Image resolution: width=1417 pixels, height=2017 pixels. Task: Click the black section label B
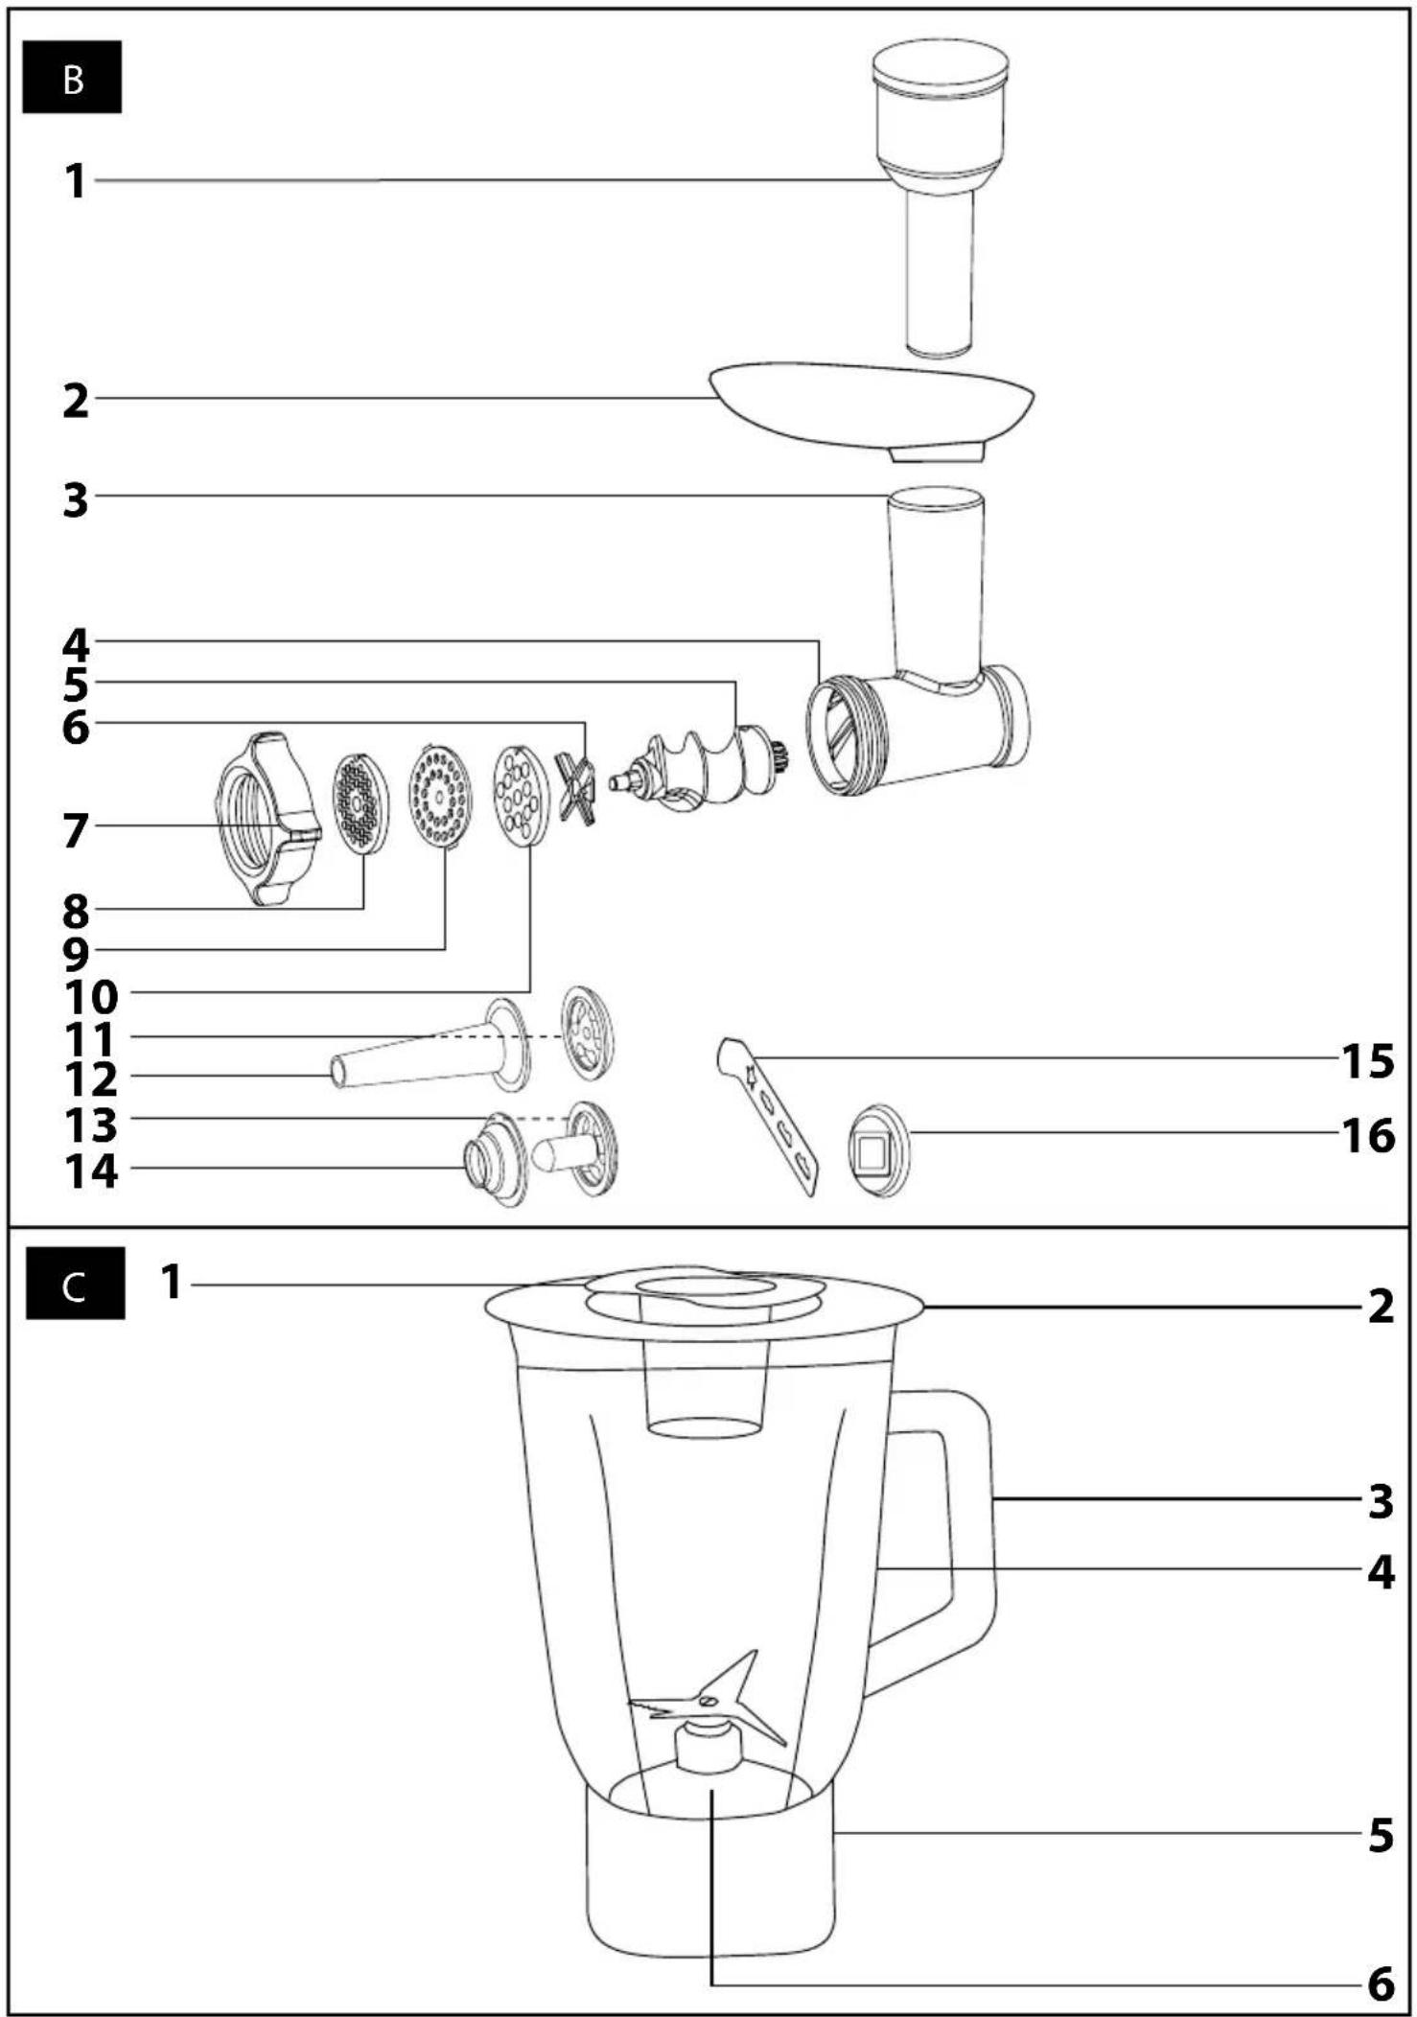pyautogui.click(x=72, y=78)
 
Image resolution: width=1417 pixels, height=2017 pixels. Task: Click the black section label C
pyautogui.click(x=75, y=1283)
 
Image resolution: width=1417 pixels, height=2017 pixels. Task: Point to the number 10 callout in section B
pyautogui.click(x=91, y=997)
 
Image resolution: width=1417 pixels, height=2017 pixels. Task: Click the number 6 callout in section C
pyautogui.click(x=1381, y=1984)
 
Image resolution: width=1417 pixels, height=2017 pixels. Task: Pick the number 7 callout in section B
pyautogui.click(x=76, y=830)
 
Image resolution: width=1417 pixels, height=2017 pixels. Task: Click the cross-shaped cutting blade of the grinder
pyautogui.click(x=576, y=788)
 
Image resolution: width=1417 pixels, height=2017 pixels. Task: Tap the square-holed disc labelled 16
pyautogui.click(x=876, y=1150)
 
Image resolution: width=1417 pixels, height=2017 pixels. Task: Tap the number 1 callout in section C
pyautogui.click(x=172, y=1282)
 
